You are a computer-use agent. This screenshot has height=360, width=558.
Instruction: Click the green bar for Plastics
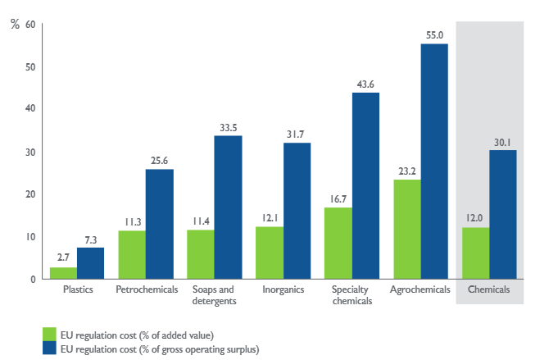63,273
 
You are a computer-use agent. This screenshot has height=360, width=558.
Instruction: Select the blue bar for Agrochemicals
434,162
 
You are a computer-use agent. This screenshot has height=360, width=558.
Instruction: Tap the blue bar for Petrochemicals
159,224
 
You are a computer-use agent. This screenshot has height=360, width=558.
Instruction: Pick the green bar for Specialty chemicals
338,244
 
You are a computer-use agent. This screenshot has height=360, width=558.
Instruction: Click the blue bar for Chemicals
503,215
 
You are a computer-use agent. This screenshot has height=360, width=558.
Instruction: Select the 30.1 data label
503,142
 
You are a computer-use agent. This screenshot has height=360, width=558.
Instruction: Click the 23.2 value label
407,171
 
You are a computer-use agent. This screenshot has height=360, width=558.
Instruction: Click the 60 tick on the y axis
29,24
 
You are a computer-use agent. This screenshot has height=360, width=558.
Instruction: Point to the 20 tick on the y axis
29,194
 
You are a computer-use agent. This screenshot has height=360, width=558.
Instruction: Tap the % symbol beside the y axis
14,24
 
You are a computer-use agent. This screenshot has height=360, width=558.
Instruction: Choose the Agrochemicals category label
420,290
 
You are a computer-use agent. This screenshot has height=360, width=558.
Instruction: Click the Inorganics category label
283,290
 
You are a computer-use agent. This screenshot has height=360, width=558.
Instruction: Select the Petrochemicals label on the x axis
147,290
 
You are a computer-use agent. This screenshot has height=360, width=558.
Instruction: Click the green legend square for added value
49,334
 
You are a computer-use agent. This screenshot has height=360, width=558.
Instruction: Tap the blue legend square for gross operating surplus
49,349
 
